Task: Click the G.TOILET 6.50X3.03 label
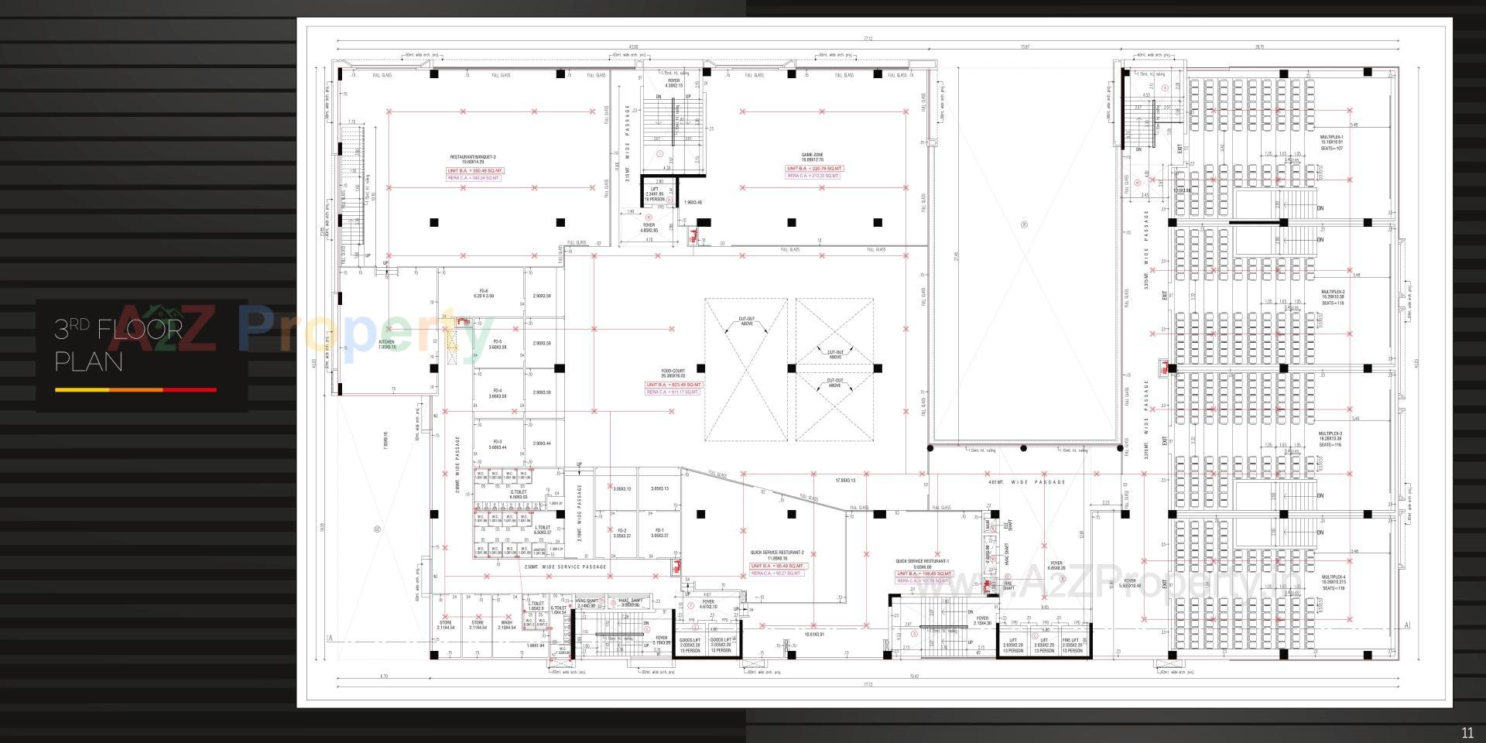tap(518, 494)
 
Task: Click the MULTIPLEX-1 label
tap(1332, 139)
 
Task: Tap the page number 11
tap(1467, 733)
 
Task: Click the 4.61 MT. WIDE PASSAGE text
tap(1026, 482)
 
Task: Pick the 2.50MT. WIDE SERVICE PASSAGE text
tap(565, 567)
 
